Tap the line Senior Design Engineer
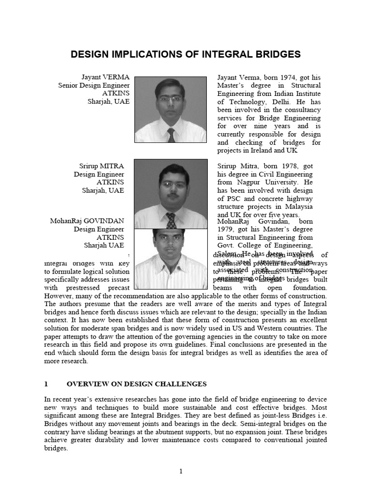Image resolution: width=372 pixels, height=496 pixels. coord(93,85)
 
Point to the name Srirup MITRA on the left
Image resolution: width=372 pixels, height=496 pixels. coord(100,166)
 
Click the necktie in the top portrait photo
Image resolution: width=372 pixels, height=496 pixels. coord(171,135)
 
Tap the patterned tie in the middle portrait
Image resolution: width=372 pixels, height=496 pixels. coord(171,220)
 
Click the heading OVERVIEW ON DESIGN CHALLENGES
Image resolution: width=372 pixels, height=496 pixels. coord(136,384)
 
